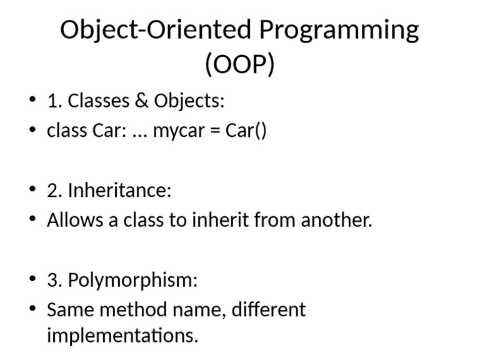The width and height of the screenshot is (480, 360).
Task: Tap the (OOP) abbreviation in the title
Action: click(240, 64)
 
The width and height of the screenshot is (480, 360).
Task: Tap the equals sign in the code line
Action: click(216, 131)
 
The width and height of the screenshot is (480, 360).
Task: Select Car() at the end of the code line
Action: click(246, 131)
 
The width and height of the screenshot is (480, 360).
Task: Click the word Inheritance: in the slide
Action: click(119, 190)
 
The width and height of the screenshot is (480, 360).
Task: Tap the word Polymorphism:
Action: click(132, 280)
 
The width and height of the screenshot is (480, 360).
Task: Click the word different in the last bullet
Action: click(269, 309)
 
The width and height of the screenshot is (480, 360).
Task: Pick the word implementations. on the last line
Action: click(122, 336)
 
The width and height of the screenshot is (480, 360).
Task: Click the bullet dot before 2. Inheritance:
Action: click(32, 191)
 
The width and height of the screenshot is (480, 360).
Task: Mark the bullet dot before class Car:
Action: click(32, 132)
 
